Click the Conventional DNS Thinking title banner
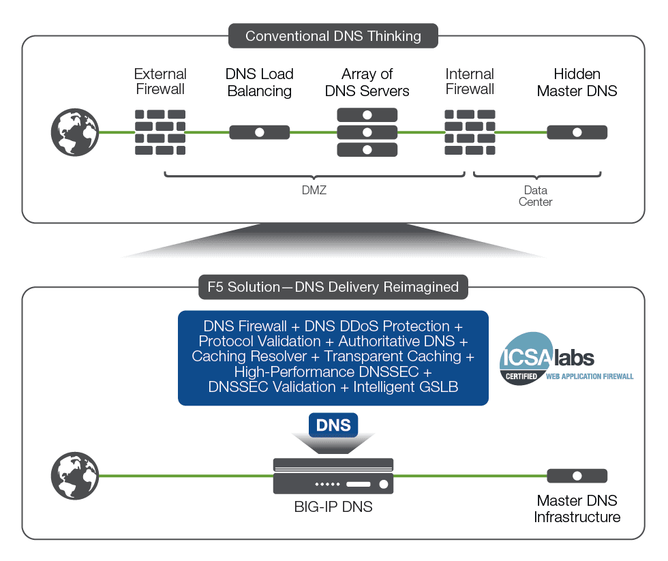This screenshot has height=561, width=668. click(x=333, y=36)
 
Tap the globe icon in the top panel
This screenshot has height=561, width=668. click(x=75, y=132)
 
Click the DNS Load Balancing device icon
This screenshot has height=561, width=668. click(x=259, y=132)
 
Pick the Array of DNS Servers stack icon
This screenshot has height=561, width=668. click(x=367, y=132)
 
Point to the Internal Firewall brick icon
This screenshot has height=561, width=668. click(x=470, y=132)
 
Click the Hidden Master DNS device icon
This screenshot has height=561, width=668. click(x=577, y=132)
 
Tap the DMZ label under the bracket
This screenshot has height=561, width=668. click(x=314, y=190)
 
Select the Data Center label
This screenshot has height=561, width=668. click(x=536, y=196)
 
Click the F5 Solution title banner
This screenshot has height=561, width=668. click(x=333, y=287)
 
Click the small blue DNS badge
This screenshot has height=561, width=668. click(x=333, y=426)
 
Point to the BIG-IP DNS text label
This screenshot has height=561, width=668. click(x=333, y=507)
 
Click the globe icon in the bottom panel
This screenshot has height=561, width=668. click(x=75, y=476)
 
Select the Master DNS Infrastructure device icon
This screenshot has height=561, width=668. click(x=577, y=476)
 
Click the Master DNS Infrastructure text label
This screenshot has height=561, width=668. click(x=577, y=509)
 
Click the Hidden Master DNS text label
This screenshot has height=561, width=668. click(x=577, y=82)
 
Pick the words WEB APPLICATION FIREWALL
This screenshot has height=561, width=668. click(x=590, y=376)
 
